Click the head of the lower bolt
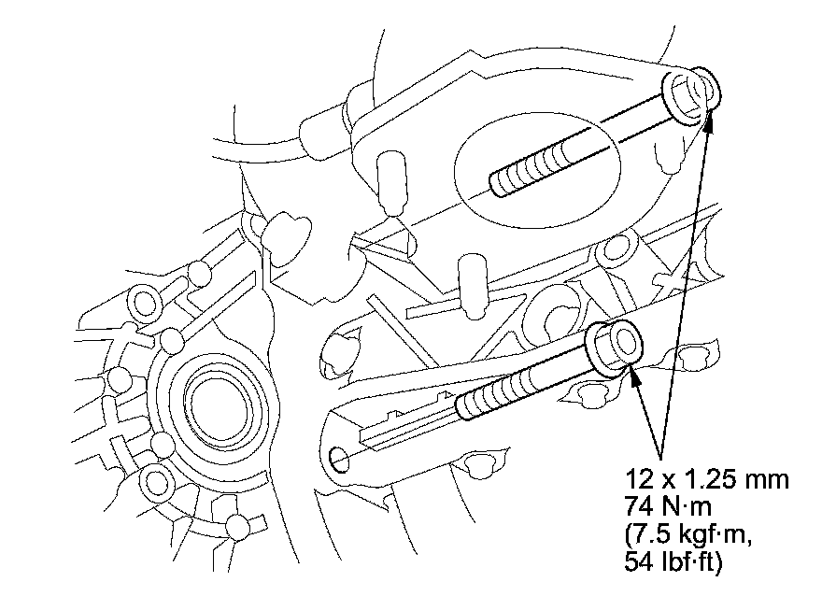pyautogui.click(x=616, y=348)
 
